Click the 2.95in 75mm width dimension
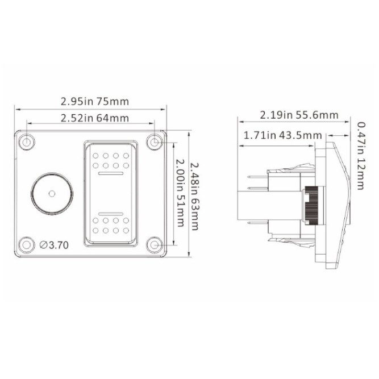coord(94,102)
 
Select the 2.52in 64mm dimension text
coord(94,118)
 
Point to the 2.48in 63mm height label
coord(194,196)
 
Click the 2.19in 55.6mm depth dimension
coord(299,115)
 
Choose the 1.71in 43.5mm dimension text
coord(282,135)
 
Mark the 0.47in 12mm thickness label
coord(361,156)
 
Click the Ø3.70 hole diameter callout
coord(54,245)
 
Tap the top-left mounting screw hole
coord(27,141)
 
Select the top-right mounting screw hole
coord(155,141)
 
